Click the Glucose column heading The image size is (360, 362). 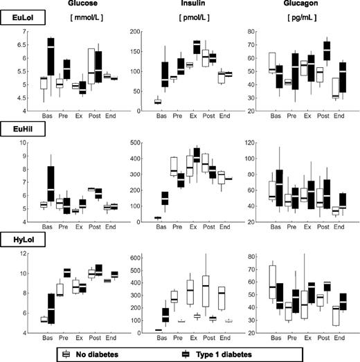coord(72,5)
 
